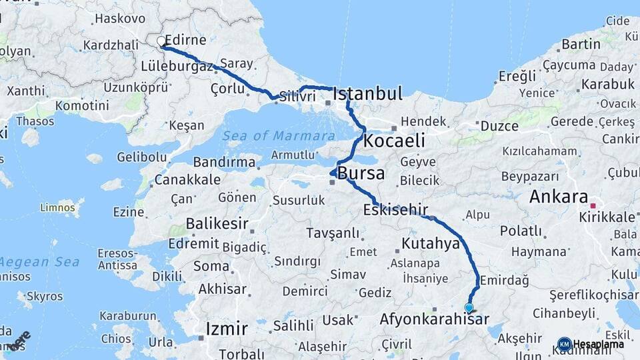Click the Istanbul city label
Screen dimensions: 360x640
tap(367, 94)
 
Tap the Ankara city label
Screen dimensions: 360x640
tap(558, 197)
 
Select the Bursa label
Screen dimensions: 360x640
tap(361, 174)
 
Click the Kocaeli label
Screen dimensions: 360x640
tap(394, 141)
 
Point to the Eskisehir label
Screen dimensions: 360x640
tap(395, 210)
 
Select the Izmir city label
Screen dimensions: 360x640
tap(227, 328)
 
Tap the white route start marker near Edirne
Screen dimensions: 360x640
tap(161, 41)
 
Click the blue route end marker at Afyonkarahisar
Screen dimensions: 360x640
tap(469, 308)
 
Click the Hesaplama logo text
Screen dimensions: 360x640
tap(598, 344)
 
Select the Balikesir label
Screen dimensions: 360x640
tap(217, 223)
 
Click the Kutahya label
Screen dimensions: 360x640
tap(431, 243)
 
